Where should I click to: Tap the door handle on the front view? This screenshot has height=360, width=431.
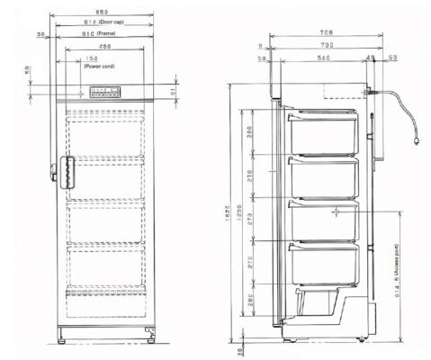coord(64,168)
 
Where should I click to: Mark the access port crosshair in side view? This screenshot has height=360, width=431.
coord(335,212)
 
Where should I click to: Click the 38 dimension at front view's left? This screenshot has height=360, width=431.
coord(40,34)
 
